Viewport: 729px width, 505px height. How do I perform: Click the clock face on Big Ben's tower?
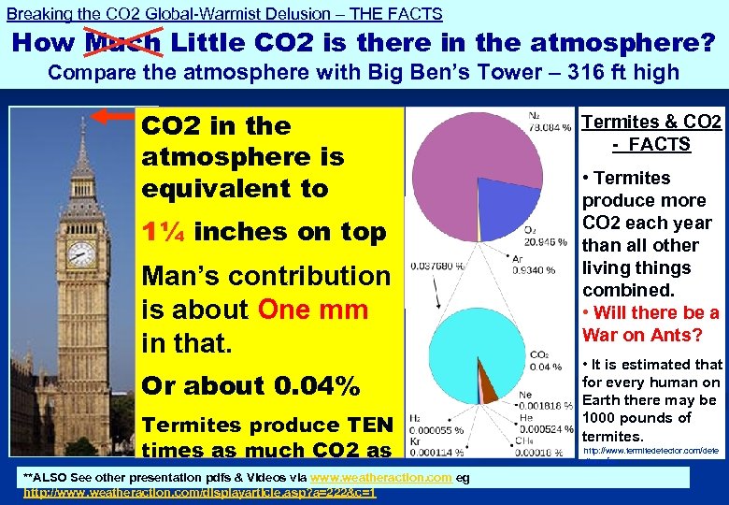click(x=81, y=252)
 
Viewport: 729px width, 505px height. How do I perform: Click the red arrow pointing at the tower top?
click(x=116, y=116)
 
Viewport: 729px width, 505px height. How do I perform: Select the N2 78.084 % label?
click(x=547, y=122)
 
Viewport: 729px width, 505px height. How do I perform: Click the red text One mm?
click(x=312, y=310)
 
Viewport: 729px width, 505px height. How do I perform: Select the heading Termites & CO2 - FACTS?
click(x=651, y=133)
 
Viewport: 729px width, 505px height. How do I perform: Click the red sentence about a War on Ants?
click(x=650, y=324)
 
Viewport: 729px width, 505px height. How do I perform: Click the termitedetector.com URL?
click(x=650, y=451)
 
